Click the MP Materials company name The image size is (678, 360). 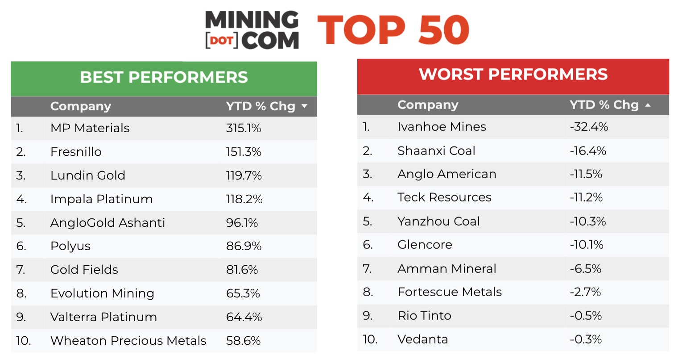coord(90,128)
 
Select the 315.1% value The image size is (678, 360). coord(244,128)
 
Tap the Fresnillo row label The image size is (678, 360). coord(76,152)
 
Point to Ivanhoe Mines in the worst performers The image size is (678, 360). coord(442,127)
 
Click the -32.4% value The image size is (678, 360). coord(589,127)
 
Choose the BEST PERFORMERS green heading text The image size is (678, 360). coord(164,77)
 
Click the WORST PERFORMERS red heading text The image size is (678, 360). coord(513,74)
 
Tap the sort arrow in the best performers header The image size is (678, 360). coord(305,106)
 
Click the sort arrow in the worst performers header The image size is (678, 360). coord(648,105)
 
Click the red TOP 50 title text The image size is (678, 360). coord(393,30)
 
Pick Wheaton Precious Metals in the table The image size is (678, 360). coord(128,341)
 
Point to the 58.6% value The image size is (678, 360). coord(243,341)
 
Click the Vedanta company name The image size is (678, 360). coord(422,339)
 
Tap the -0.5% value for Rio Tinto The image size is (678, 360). coord(586,316)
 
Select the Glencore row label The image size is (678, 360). coord(425,245)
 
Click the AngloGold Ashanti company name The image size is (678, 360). coord(107,223)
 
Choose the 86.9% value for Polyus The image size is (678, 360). coord(244,246)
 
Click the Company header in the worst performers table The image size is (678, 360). coord(428,105)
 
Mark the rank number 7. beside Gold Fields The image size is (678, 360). coord(21,270)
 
